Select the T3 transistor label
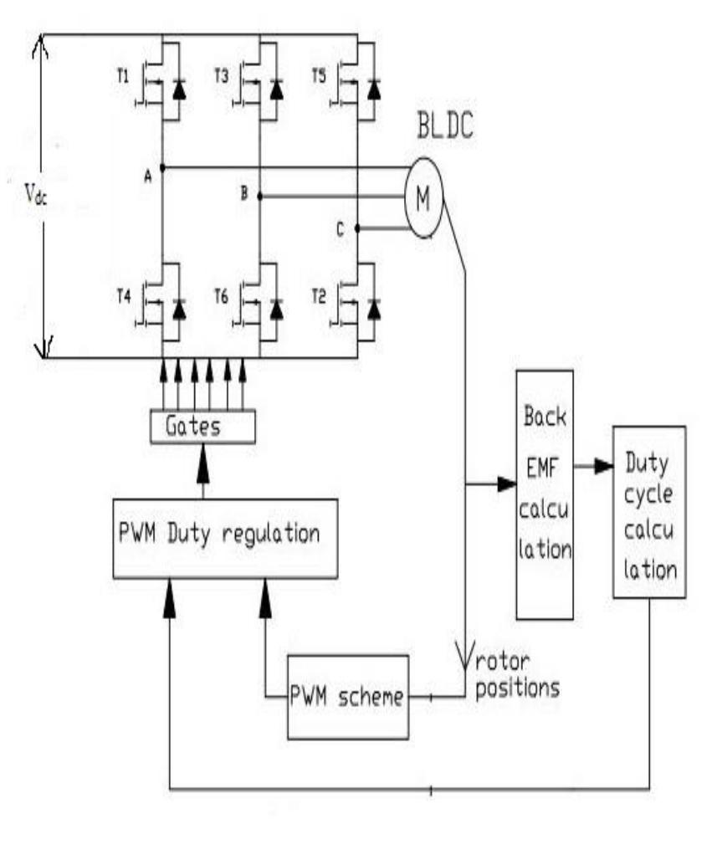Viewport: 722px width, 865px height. coord(221,77)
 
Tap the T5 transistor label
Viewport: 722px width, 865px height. coord(319,77)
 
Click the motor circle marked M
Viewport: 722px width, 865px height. coord(423,197)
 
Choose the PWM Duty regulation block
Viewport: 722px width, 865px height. coord(224,537)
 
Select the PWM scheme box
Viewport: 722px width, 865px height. coord(348,696)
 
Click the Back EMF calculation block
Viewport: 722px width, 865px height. coord(545,494)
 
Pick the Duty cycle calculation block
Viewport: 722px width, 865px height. coord(648,512)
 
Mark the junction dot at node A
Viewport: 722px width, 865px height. coord(161,167)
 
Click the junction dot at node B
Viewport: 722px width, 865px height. coord(259,197)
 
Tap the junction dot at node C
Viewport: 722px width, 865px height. coord(357,228)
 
